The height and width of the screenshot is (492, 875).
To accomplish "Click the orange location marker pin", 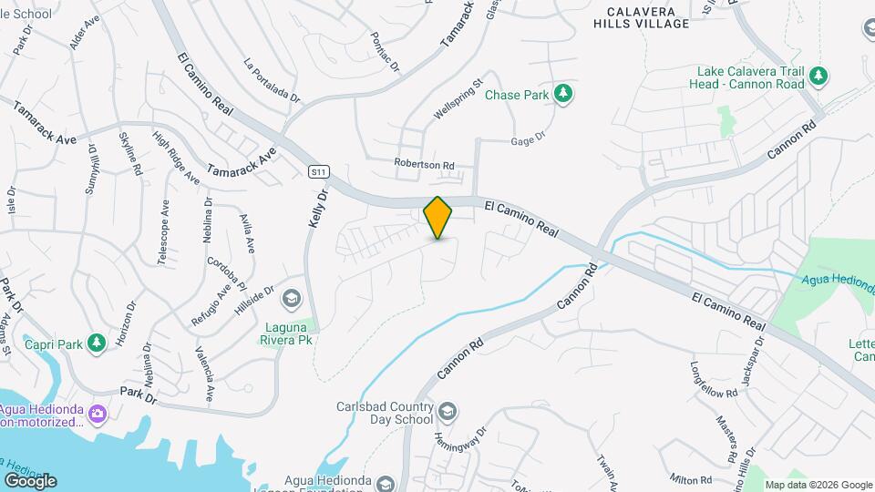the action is click(437, 217).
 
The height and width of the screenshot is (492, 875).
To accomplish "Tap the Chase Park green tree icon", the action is click(564, 93).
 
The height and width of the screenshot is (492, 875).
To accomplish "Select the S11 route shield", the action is click(317, 170).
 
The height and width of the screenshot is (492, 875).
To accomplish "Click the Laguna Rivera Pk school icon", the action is click(291, 298).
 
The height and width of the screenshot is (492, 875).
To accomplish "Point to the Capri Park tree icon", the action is click(94, 343).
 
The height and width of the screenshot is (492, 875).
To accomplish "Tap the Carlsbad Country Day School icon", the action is click(447, 412).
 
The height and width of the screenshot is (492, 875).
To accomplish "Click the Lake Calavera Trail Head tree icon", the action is click(818, 77).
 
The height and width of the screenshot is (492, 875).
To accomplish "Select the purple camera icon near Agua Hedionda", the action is click(98, 415).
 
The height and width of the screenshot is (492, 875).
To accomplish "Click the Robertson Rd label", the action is click(424, 164).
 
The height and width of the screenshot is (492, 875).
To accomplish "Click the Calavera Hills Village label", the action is click(641, 16).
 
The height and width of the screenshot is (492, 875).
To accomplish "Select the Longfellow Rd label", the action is click(713, 393).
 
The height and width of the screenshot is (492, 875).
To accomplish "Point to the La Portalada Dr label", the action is click(272, 79).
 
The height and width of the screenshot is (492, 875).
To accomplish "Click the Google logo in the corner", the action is click(29, 480).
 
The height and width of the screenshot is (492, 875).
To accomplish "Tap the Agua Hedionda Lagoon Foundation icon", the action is click(384, 483).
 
